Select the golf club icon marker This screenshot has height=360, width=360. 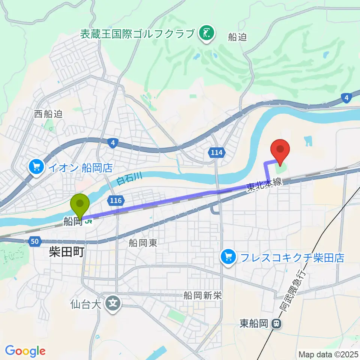pos(206,33)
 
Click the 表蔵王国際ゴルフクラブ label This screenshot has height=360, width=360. pos(138,34)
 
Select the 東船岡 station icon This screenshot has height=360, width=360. pos(276,323)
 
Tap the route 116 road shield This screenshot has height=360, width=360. pos(116,201)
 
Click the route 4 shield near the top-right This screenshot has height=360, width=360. pos(346,99)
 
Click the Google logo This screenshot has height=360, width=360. pos(25,351)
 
